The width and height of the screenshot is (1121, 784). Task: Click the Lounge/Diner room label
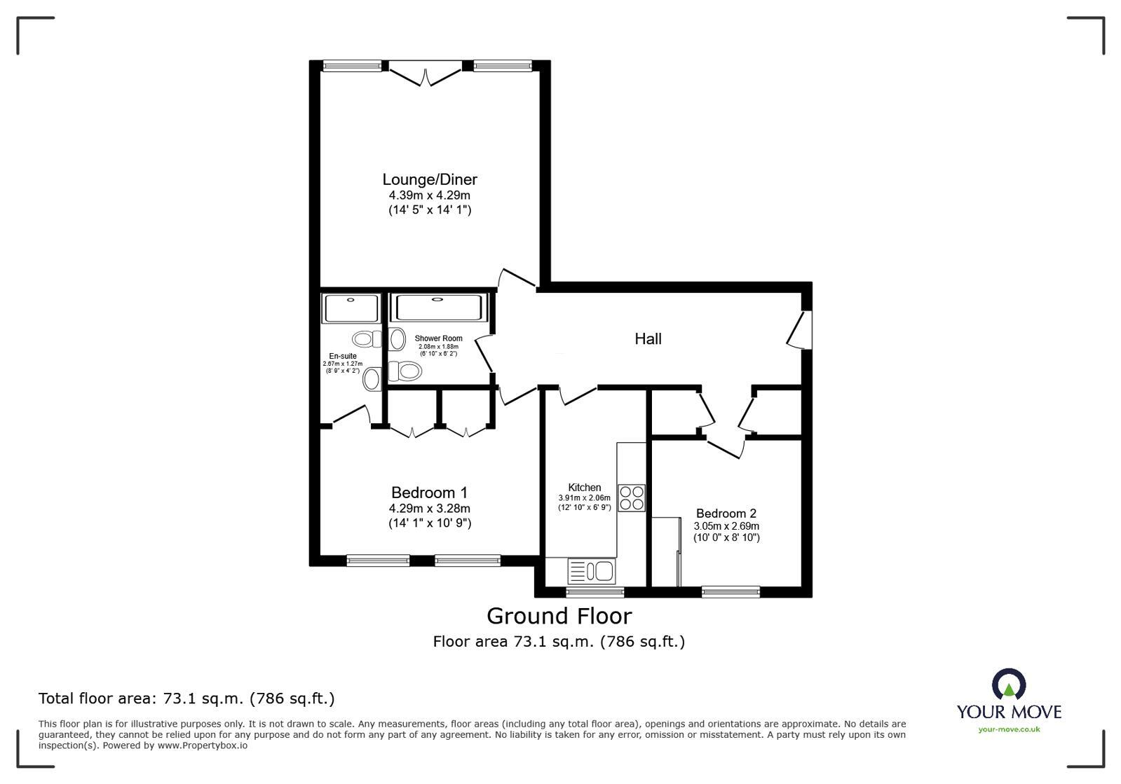pos(429,179)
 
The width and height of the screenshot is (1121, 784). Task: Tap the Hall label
pos(648,339)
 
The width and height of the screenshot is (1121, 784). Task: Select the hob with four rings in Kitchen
pos(631,497)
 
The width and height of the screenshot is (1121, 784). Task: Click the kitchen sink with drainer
pos(592,571)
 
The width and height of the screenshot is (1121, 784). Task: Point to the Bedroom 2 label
pos(726,514)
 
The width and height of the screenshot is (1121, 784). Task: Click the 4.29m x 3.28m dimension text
pos(429,509)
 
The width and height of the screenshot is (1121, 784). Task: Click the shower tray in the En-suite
pos(351,308)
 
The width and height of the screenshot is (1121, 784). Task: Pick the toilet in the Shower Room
pos(405,370)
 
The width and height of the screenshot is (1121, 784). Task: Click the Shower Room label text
pos(438,338)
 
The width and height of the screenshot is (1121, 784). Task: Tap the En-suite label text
pos(343,356)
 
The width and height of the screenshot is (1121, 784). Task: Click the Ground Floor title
pos(559,616)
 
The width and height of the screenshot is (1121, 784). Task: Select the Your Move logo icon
pos(1008,684)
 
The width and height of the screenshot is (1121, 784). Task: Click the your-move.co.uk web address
pos(1008,729)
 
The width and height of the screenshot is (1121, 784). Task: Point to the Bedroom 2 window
pos(731,592)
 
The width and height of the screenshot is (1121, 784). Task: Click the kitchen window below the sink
pos(595,592)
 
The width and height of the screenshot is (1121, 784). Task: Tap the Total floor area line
pos(186,699)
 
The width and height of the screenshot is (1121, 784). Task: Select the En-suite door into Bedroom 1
pos(351,416)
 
